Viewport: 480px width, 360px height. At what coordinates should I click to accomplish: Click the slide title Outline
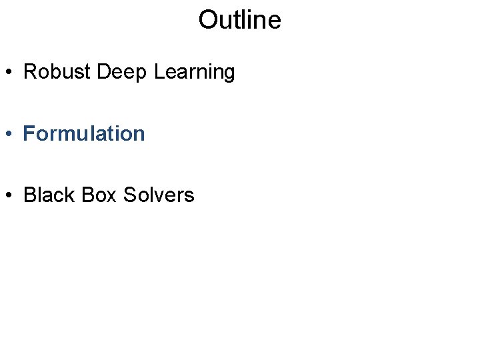click(x=239, y=20)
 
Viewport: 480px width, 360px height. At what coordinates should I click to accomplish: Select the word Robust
click(x=57, y=72)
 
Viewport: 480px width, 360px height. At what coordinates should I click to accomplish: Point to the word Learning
click(x=194, y=73)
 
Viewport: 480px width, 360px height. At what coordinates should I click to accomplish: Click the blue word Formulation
click(x=84, y=133)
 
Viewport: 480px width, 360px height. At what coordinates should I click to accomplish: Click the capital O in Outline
click(x=207, y=20)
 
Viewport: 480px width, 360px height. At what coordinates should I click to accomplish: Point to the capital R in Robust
click(x=29, y=72)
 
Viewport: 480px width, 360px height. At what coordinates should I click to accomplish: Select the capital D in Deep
click(x=103, y=72)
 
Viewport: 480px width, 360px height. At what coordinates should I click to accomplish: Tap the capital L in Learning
click(x=158, y=72)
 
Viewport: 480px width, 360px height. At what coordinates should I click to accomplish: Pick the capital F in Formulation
click(x=29, y=133)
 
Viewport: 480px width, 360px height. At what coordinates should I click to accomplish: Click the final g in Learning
click(x=229, y=74)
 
